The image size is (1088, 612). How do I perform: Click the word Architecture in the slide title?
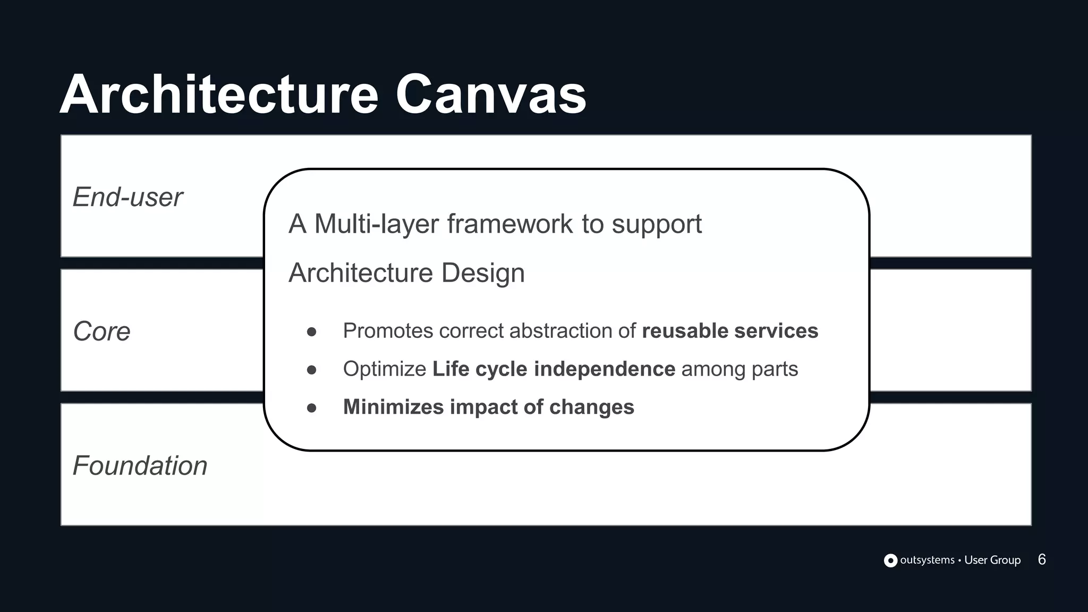coord(219,95)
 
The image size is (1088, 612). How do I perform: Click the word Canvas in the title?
coord(490,95)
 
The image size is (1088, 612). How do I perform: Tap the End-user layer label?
coord(127,197)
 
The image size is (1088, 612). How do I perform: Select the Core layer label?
coord(101,331)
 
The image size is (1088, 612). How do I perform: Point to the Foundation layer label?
coord(140,466)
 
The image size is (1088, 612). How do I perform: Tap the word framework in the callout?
coord(510,224)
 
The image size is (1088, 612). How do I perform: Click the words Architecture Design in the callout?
coord(406,273)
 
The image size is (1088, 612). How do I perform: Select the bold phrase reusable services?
coord(730,331)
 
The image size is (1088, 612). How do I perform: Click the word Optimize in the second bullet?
coord(384,369)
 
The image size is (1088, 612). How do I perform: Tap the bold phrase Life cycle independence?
coord(554,369)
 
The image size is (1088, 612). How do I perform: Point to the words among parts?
coord(739,369)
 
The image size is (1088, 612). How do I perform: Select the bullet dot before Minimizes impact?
coord(312,408)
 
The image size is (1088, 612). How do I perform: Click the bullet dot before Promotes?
coord(312,332)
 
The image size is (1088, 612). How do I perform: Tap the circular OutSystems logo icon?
coord(890,560)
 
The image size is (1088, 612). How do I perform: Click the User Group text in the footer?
coord(992,560)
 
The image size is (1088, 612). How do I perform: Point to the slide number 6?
coord(1042,559)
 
